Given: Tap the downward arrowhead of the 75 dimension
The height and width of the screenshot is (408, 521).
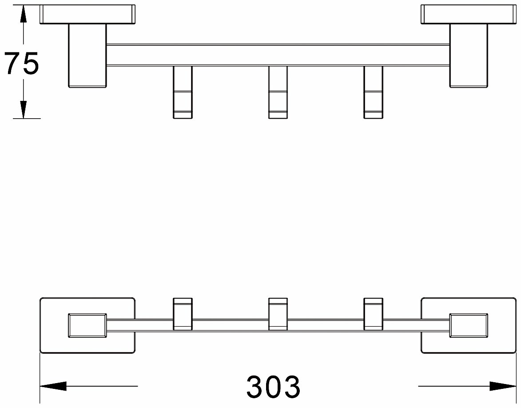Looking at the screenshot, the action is (x=23, y=109).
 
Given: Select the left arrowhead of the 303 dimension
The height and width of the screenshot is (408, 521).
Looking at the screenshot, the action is (x=53, y=386).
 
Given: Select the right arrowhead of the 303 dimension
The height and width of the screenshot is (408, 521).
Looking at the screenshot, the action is (x=503, y=386).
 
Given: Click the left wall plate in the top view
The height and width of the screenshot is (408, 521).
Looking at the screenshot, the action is (x=87, y=14).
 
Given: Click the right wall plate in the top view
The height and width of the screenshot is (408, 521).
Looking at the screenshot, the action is (x=469, y=14).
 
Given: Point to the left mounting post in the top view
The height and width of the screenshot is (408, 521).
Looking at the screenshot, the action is (x=87, y=56).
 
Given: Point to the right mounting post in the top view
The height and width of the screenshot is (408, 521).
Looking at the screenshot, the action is (x=469, y=56).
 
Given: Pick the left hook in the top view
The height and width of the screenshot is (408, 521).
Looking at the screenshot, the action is (x=183, y=92).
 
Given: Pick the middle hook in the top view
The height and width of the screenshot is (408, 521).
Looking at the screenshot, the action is (x=278, y=92).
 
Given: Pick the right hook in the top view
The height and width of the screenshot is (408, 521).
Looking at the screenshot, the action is (x=374, y=92).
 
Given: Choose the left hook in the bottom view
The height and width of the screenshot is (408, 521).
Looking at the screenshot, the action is (x=183, y=314).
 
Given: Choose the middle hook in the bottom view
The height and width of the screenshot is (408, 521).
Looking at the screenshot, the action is (x=278, y=314).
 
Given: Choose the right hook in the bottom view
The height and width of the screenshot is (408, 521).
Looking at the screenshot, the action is (x=374, y=314).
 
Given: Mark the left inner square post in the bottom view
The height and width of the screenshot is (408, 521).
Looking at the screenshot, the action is (x=87, y=325).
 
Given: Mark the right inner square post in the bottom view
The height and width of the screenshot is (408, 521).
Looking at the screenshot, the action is (x=469, y=325).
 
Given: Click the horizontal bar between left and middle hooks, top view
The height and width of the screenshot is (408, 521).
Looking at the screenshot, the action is (x=230, y=55).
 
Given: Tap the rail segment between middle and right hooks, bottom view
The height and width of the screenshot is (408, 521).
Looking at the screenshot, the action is (x=326, y=325).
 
